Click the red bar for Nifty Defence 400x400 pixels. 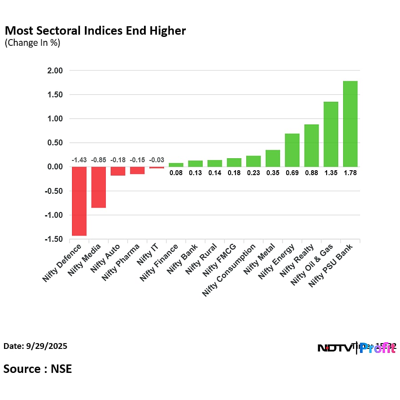(79, 201)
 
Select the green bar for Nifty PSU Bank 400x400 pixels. (350, 124)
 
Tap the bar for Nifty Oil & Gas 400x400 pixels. (331, 134)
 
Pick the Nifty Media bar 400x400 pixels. (98, 187)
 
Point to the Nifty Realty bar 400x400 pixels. (312, 146)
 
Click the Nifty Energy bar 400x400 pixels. (292, 150)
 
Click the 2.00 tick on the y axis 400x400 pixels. (56, 71)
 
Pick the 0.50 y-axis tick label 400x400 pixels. (56, 143)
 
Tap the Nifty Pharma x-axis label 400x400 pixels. (121, 262)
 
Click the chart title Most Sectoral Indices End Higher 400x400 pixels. (95, 31)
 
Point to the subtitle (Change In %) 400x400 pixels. (32, 43)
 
